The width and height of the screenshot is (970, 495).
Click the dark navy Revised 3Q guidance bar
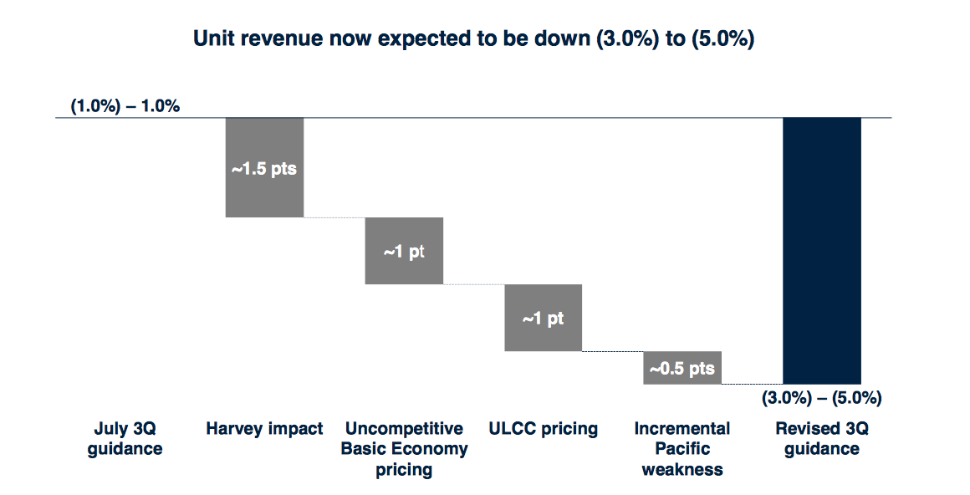point(821,251)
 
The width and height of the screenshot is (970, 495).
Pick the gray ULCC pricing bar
point(544,334)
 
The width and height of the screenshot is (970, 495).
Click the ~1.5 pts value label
point(264,169)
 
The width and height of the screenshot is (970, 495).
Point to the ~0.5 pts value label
point(682,368)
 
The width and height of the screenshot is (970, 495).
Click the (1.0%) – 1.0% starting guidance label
point(125,106)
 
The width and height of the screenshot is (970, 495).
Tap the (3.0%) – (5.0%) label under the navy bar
point(821,398)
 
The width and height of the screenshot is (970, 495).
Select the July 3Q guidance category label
point(125,439)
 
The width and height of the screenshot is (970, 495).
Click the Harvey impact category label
point(264,429)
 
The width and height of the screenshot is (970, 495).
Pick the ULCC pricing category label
point(544,429)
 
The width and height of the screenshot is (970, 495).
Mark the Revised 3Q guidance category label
point(821,439)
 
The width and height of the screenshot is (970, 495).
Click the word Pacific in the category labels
point(682,449)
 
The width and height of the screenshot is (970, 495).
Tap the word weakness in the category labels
point(682,469)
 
